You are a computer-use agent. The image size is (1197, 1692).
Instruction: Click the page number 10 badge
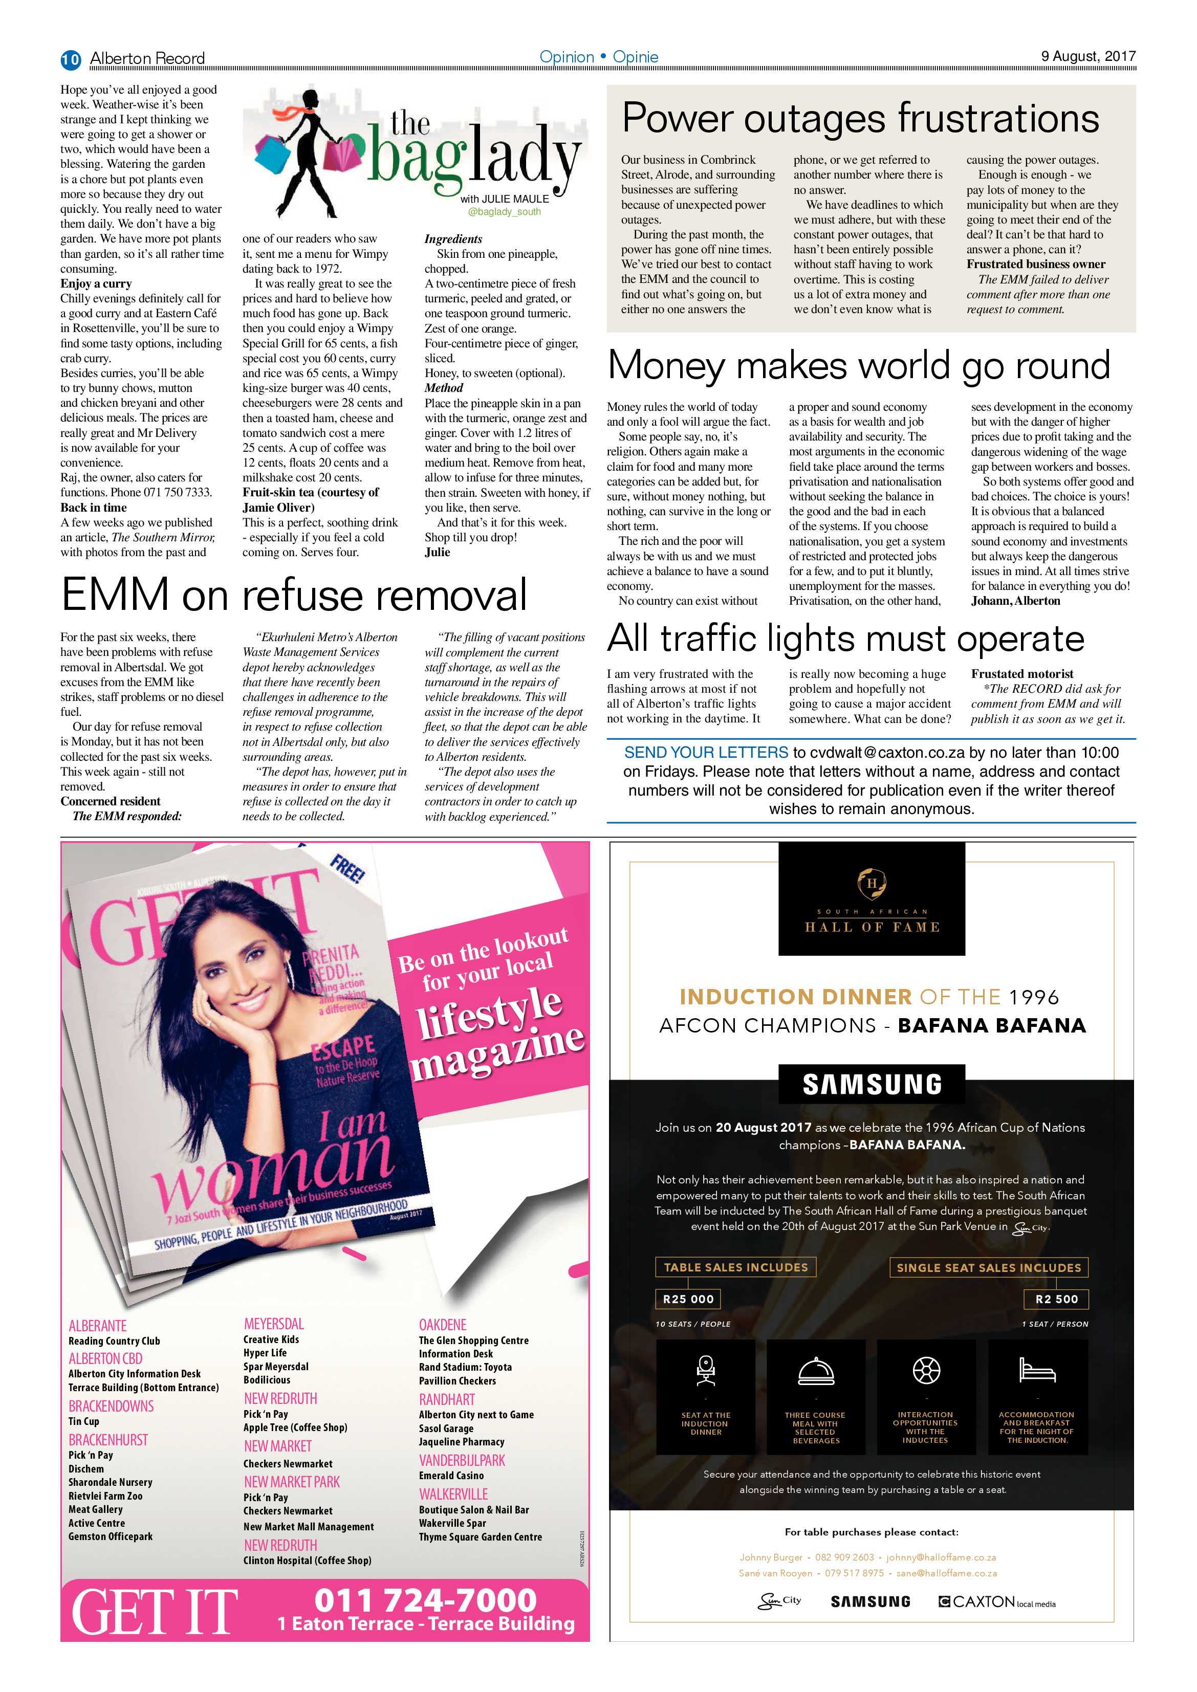pos(71,59)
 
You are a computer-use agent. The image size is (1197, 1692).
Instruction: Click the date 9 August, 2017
pos(1088,57)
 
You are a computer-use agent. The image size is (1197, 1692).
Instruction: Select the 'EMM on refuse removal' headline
pos(294,594)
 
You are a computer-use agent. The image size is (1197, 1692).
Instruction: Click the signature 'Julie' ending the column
pos(437,552)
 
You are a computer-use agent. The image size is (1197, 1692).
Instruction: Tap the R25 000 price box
pos(688,1299)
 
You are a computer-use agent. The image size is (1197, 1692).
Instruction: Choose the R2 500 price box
pos(1056,1299)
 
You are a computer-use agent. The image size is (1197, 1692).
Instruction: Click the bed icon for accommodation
pos(1037,1370)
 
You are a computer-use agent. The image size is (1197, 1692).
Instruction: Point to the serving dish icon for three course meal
pos(815,1371)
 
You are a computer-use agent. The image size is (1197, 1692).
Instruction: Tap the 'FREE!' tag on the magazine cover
pos(346,870)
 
